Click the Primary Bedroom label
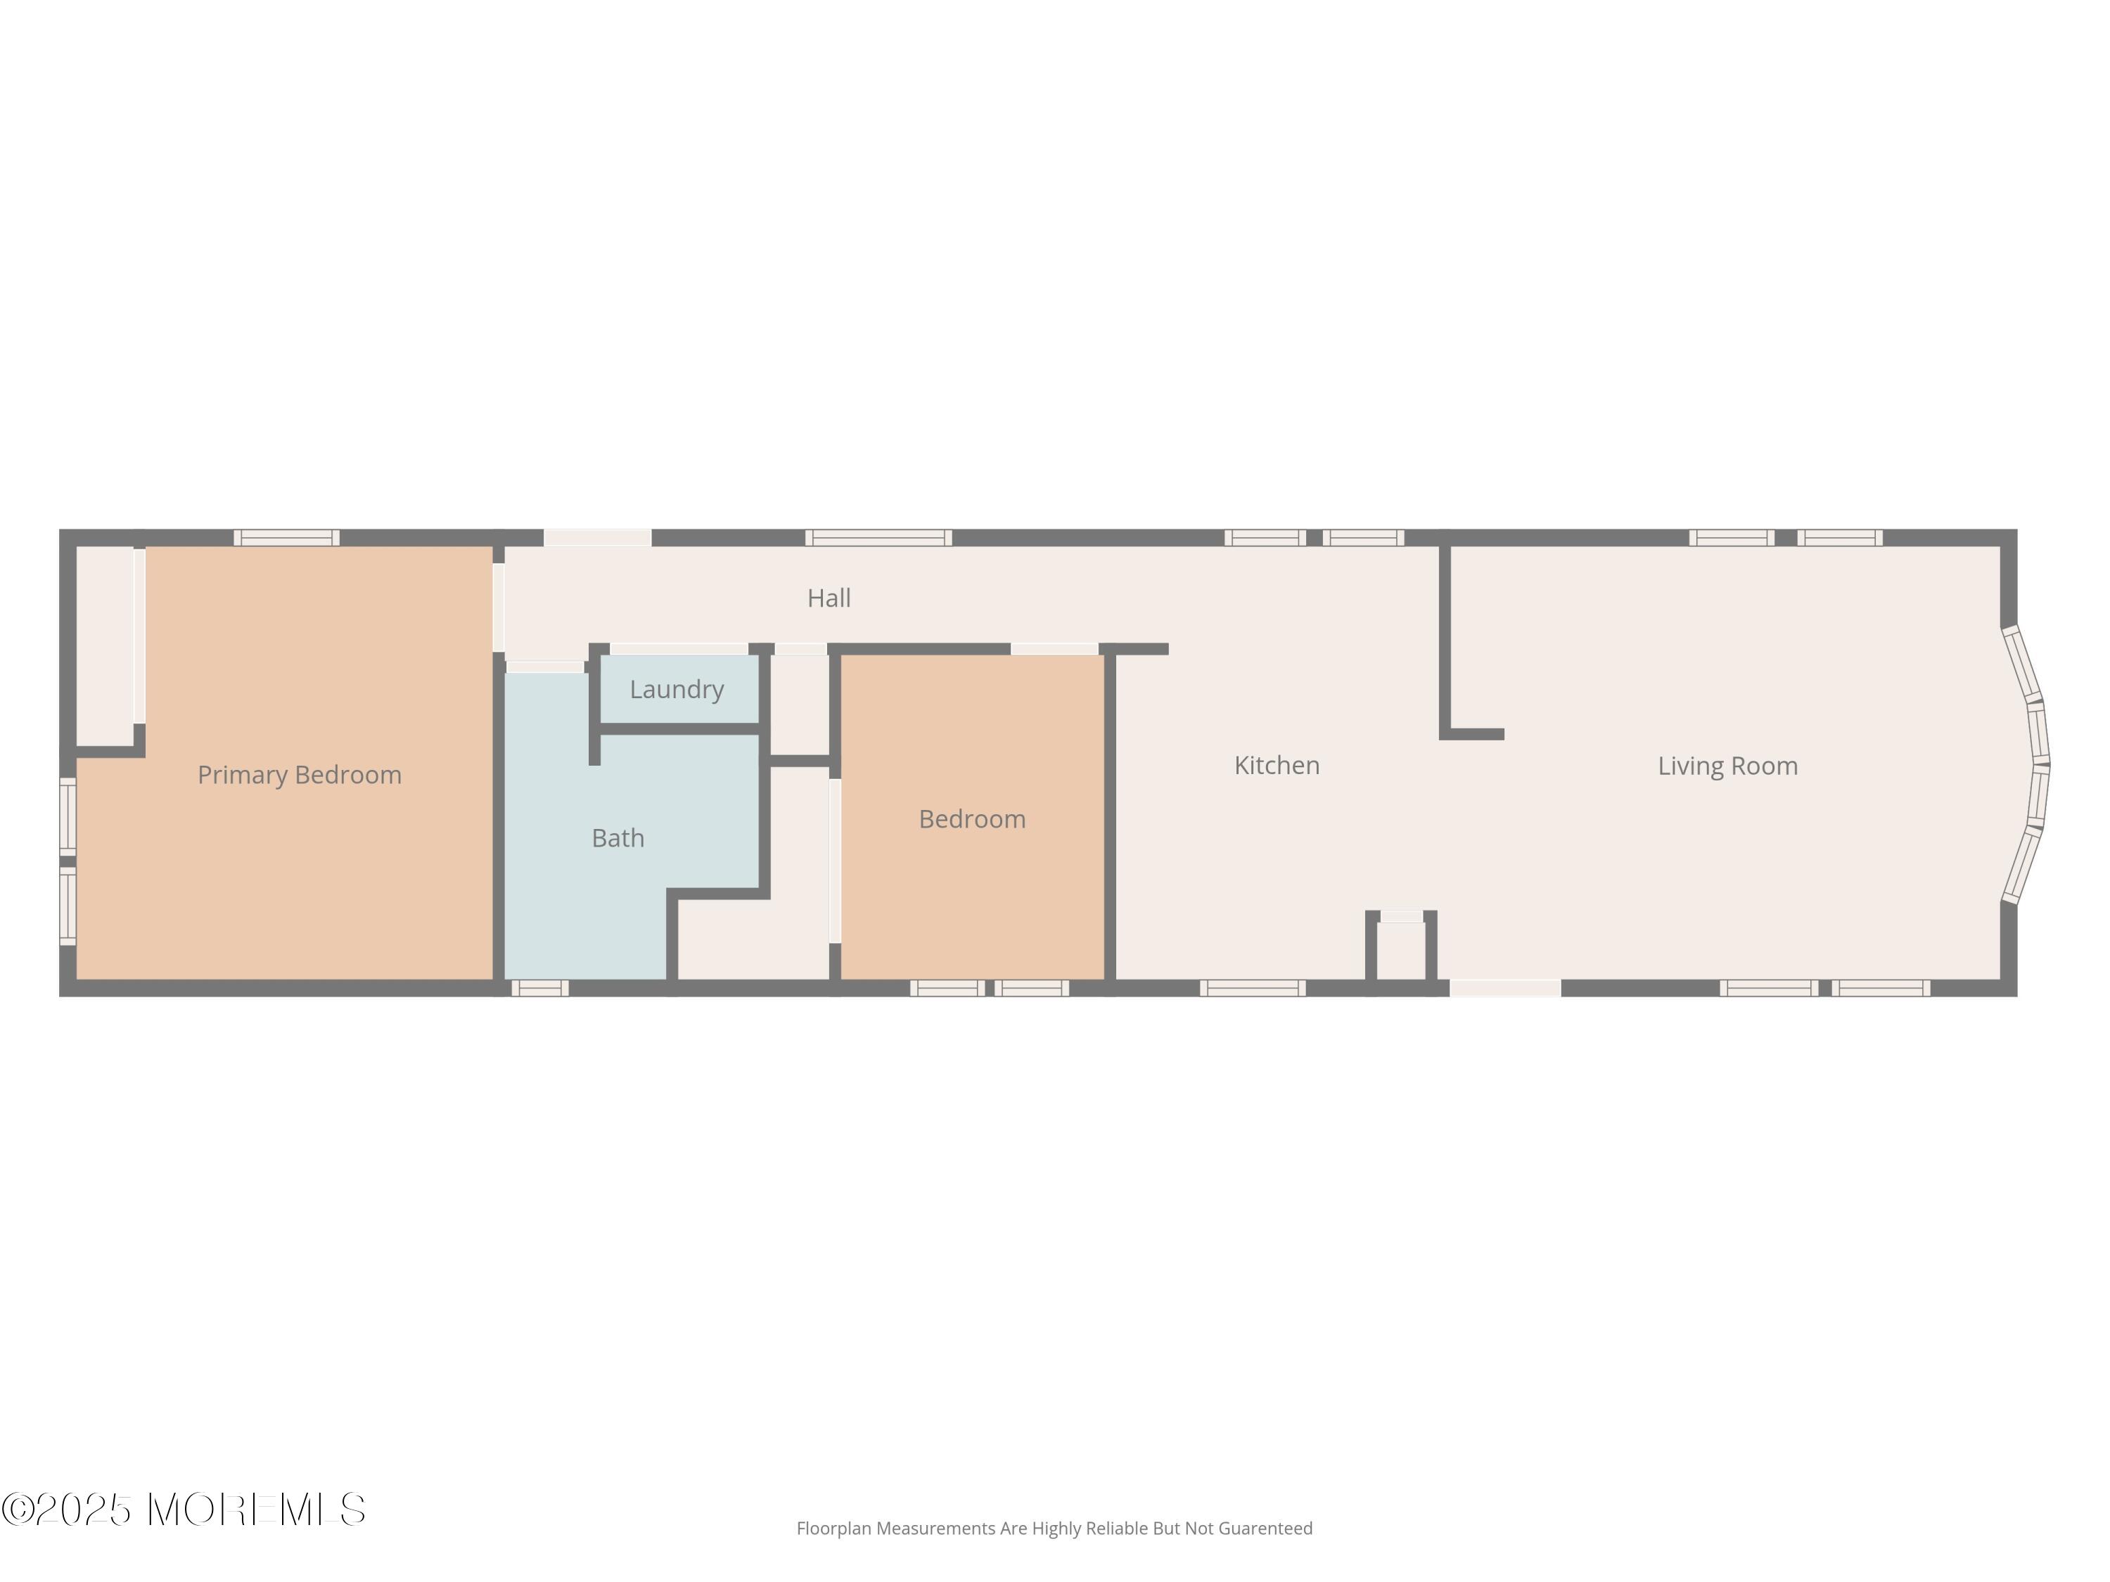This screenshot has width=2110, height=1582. tap(300, 774)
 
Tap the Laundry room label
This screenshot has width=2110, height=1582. tap(677, 690)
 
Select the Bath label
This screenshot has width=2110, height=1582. tap(618, 838)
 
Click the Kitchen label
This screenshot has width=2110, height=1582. tap(1277, 765)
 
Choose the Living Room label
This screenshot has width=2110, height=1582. tap(1727, 766)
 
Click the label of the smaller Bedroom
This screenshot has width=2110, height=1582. tap(972, 819)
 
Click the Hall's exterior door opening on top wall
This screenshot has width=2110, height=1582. tap(597, 538)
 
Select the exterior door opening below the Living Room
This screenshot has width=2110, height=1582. tap(1504, 988)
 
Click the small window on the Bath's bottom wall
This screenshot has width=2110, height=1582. tap(540, 988)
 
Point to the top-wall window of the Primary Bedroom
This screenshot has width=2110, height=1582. tap(286, 538)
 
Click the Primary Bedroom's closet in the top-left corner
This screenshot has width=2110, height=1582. tap(105, 645)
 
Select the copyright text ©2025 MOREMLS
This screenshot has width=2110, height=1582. tap(183, 1510)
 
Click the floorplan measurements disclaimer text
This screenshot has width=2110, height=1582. tap(1054, 1529)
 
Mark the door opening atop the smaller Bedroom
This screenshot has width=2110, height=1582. tap(1054, 650)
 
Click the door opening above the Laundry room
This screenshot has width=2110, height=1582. tap(678, 650)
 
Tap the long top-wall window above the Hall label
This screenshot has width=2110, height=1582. tap(878, 538)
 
